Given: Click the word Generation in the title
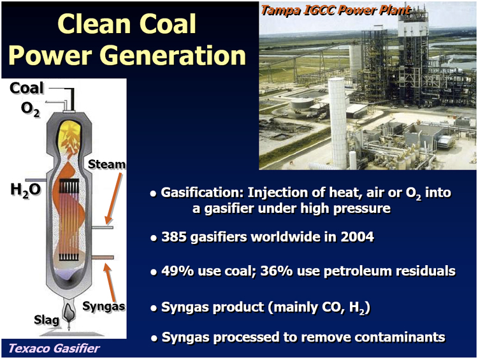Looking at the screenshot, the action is point(173,55).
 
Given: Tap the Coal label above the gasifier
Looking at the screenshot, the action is point(27,88).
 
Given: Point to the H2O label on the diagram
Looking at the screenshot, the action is point(25,190).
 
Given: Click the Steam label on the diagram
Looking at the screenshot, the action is point(106,164).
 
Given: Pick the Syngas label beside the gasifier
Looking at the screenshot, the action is point(104,306).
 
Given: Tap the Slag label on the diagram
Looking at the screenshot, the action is point(47,320).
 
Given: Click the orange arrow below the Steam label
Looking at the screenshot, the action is point(113,198).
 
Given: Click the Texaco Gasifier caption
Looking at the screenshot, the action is point(54,348).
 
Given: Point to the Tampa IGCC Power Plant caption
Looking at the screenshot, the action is point(336,11).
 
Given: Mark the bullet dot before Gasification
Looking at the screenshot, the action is point(154,194).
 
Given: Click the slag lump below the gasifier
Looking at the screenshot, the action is point(69,312).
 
